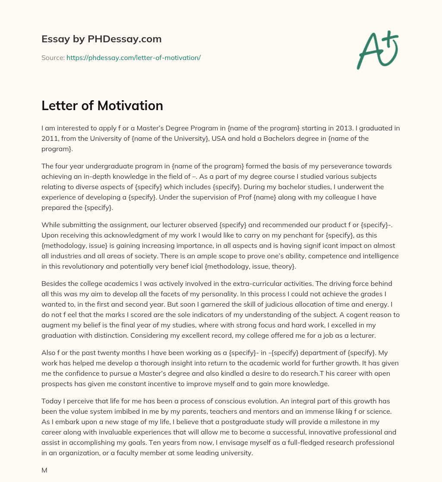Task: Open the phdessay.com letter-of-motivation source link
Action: point(133,57)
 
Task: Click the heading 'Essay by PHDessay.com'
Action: point(101,39)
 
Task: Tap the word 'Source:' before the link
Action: point(53,57)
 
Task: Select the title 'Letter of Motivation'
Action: point(102,105)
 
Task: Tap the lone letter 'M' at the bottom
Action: point(44,470)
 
